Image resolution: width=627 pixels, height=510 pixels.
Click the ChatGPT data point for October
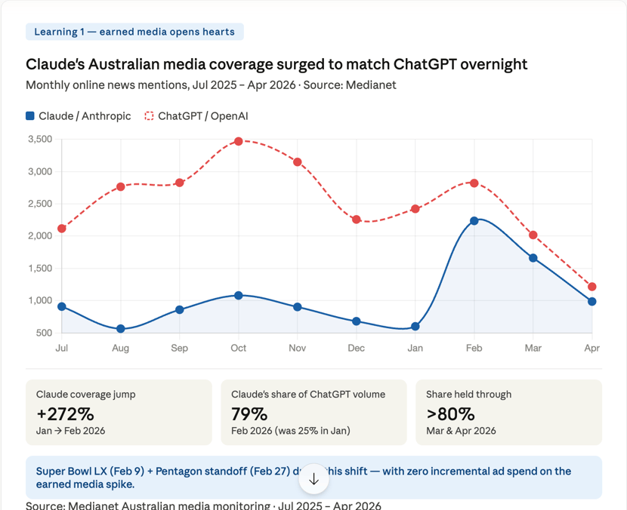click(239, 141)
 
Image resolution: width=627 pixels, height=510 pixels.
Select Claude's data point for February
click(474, 221)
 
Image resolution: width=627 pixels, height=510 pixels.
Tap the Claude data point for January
click(415, 327)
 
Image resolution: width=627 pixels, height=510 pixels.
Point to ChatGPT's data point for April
click(592, 287)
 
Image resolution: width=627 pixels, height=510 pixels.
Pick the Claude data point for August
click(121, 329)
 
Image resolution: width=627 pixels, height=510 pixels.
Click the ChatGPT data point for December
click(357, 220)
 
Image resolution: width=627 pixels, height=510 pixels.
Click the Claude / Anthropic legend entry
click(79, 116)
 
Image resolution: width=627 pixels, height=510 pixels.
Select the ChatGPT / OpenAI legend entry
click(196, 116)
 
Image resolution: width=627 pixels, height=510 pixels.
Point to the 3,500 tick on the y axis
click(39, 140)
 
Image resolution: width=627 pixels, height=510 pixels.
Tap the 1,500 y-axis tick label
click(39, 269)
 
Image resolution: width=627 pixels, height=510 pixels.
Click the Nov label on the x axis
click(298, 348)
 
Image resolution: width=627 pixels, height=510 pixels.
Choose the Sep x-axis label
click(180, 348)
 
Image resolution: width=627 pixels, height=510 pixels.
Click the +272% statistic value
click(65, 413)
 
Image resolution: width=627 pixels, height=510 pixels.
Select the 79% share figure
click(249, 413)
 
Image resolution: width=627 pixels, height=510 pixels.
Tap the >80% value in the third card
click(450, 413)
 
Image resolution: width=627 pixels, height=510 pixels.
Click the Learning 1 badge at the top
click(134, 32)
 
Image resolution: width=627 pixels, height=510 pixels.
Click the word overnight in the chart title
click(489, 64)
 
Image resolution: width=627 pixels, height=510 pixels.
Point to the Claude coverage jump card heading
click(86, 394)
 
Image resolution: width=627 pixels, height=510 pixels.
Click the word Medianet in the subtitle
click(371, 84)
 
